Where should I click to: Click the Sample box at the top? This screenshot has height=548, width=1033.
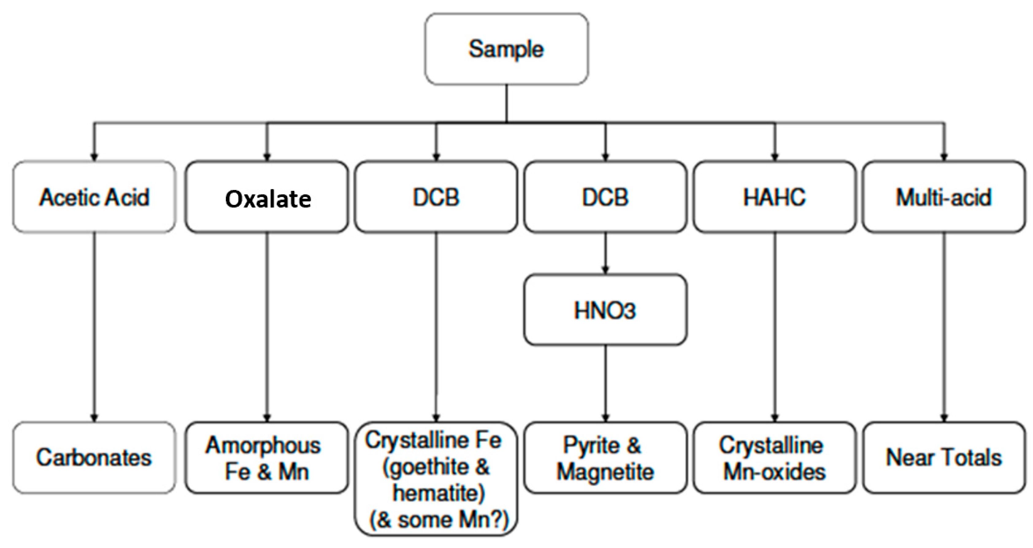point(506,49)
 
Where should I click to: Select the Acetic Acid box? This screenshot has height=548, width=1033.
point(94,197)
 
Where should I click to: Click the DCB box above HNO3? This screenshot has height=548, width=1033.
point(605,197)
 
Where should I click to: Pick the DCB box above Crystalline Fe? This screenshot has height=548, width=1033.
point(436,197)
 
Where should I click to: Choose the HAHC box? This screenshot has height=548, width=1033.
point(774,197)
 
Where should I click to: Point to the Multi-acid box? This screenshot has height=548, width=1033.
point(943,197)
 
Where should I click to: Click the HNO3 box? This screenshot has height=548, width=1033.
point(605,310)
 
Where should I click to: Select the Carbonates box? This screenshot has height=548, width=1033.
point(94,458)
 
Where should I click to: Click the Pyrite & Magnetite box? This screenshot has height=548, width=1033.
point(605,458)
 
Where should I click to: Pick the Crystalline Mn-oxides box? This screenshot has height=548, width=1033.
point(774,458)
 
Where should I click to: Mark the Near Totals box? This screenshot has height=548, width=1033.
point(943,458)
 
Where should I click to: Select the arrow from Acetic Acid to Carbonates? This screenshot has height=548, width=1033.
point(94,327)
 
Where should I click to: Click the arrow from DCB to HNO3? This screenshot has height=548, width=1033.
point(605,253)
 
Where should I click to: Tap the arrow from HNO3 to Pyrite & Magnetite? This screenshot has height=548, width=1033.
point(605,383)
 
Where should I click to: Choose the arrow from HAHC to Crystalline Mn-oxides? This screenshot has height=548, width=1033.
point(775,327)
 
